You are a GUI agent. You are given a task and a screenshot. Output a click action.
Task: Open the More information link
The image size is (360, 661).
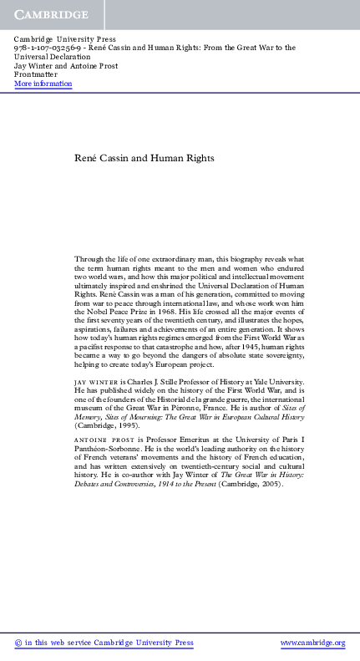43,84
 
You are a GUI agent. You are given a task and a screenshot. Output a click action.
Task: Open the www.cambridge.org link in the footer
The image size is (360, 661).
312,643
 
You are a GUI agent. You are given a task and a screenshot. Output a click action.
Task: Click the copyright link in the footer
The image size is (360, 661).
104,643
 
